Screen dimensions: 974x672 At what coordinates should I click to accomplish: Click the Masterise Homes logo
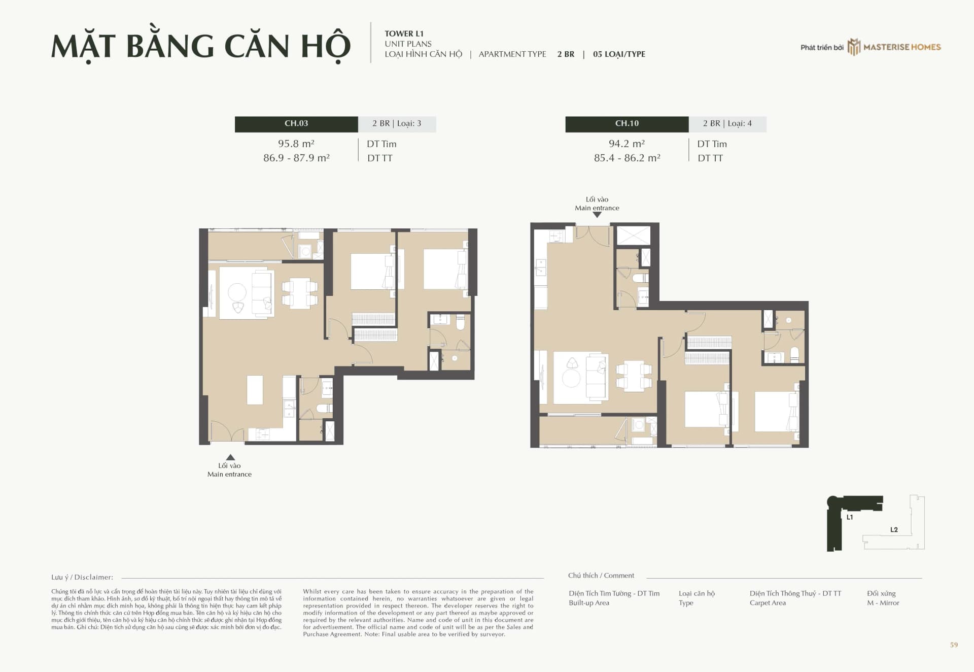coord(894,47)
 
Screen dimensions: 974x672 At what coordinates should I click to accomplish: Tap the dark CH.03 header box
coord(296,124)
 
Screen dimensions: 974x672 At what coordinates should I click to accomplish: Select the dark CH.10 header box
coord(627,124)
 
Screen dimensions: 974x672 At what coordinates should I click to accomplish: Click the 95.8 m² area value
coord(296,144)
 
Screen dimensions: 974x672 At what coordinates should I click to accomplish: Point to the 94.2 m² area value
coord(627,144)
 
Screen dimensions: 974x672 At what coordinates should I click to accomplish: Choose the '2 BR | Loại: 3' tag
coord(397,124)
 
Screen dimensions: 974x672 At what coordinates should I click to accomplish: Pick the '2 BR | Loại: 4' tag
coord(727,124)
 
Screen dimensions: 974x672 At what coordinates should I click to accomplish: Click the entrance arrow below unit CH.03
coord(230,457)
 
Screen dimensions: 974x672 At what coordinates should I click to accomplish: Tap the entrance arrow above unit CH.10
coord(597,215)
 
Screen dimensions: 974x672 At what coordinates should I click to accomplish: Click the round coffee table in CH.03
coord(237,292)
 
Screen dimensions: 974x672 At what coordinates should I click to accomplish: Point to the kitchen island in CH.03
coord(255,390)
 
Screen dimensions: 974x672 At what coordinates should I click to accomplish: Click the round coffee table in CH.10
coord(571,379)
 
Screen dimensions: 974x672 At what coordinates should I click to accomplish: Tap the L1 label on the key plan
coord(850,517)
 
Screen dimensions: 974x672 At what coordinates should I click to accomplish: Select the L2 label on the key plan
coord(894,529)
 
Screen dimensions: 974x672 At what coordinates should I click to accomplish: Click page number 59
coord(954,645)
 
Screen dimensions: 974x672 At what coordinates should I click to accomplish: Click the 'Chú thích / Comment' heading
coord(601,576)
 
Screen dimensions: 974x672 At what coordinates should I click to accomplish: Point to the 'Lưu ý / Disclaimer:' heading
coord(82,577)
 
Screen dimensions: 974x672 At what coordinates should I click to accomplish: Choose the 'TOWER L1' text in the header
coord(404,34)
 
